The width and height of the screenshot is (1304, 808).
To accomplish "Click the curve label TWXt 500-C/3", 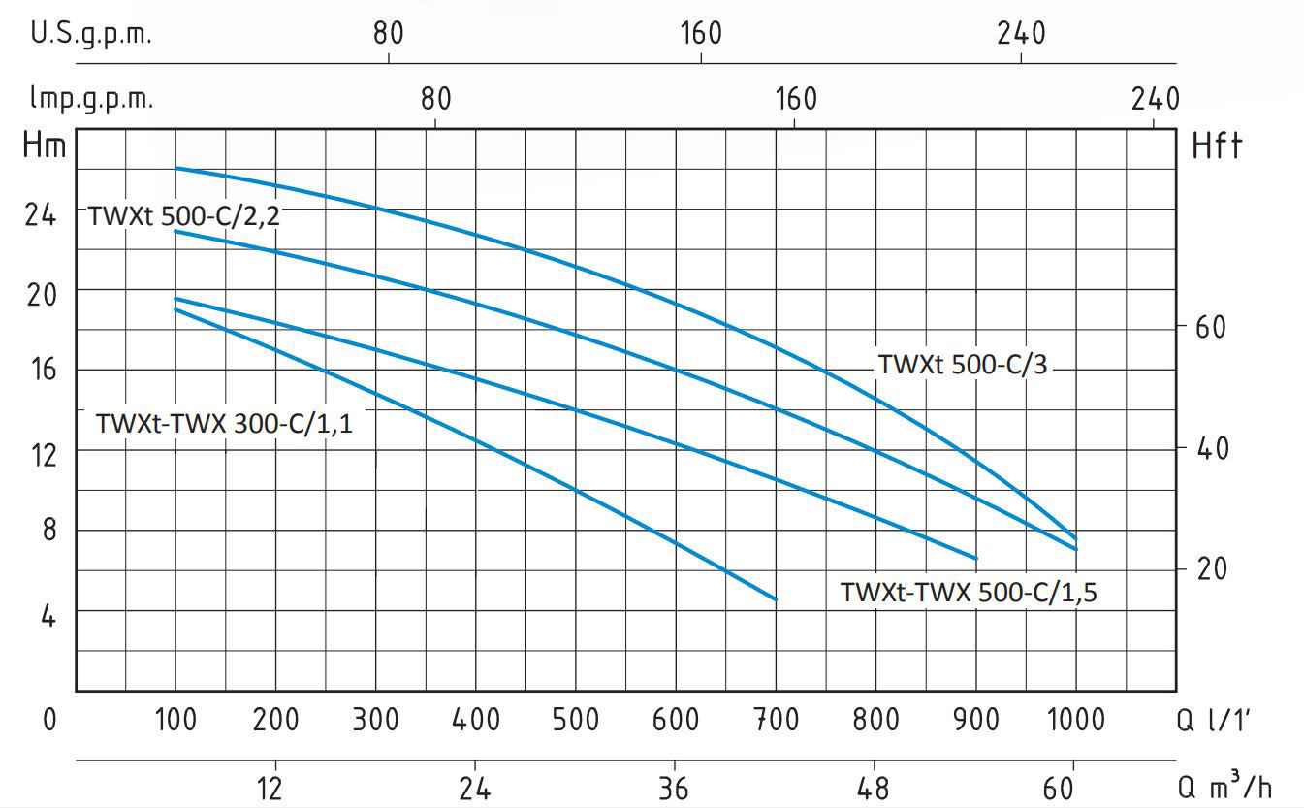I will pyautogui.click(x=963, y=365).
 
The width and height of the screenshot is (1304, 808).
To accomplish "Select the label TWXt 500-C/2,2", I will pyautogui.click(x=184, y=216).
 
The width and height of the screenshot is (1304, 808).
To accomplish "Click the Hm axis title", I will pyautogui.click(x=45, y=146).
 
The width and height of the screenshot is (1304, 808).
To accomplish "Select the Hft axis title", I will pyautogui.click(x=1216, y=146).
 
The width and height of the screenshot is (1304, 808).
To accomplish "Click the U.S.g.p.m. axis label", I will pyautogui.click(x=92, y=34).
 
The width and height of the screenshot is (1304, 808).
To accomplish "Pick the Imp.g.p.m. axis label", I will pyautogui.click(x=92, y=99).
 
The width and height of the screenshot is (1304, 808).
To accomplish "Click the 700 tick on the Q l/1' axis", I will pyautogui.click(x=776, y=719).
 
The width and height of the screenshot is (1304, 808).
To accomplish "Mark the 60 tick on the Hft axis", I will pyautogui.click(x=1210, y=327).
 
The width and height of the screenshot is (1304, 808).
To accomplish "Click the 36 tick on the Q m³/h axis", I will pyautogui.click(x=675, y=787).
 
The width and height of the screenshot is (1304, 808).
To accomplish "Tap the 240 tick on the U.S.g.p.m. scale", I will pyautogui.click(x=1021, y=34).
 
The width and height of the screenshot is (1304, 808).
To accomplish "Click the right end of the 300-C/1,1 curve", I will pyautogui.click(x=776, y=599).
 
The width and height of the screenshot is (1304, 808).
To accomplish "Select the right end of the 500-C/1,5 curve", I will pyautogui.click(x=975, y=558).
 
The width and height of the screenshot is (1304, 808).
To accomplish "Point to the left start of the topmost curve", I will pyautogui.click(x=175, y=168).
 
